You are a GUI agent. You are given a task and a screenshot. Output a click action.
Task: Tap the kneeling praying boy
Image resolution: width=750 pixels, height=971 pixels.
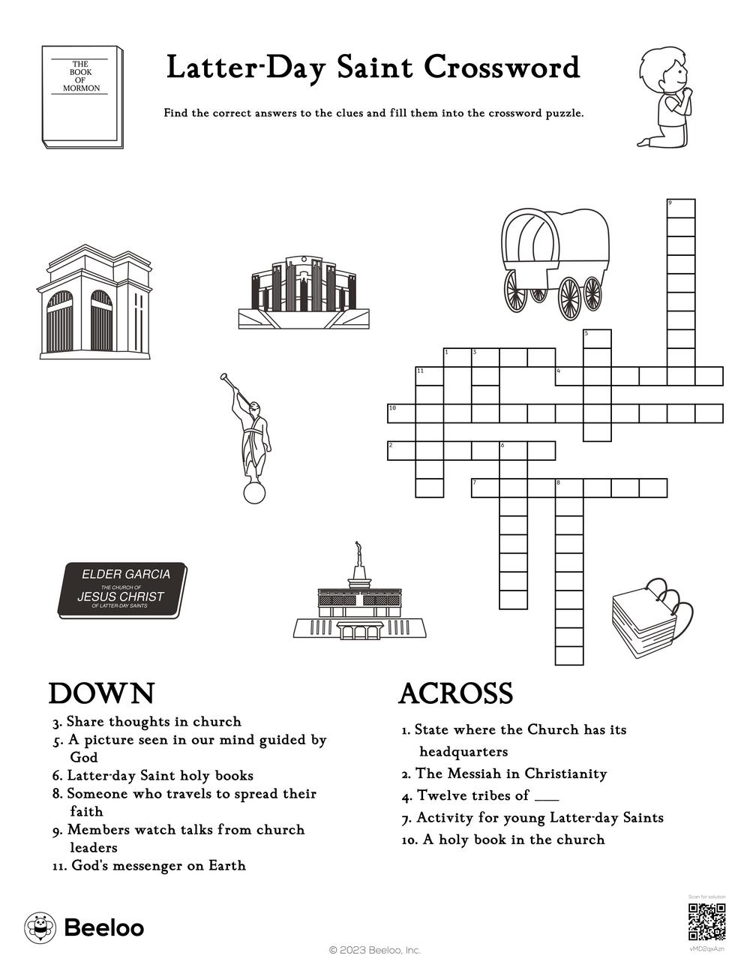point(665,97)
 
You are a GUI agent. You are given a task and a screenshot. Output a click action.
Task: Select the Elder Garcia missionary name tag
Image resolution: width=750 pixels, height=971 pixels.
point(122,590)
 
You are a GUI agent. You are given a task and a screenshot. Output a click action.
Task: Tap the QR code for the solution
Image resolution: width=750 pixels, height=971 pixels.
point(706,922)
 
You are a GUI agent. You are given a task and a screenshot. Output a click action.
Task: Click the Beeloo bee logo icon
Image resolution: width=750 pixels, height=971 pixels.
point(39,927)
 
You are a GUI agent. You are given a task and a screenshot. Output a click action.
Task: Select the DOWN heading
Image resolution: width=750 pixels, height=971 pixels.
point(101,693)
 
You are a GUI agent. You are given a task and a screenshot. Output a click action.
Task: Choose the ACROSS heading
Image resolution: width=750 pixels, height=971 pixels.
point(455,693)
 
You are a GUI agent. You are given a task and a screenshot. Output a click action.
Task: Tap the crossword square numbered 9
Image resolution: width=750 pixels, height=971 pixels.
point(681,208)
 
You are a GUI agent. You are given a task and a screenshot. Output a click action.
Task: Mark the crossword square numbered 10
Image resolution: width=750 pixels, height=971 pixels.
point(400,413)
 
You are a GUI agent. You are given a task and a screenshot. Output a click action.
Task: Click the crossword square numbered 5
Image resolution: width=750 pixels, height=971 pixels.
point(597,339)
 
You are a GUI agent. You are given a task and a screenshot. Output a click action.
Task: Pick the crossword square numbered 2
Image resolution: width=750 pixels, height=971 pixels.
point(400,450)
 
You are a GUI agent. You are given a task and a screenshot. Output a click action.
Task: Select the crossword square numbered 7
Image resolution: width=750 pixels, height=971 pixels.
point(485,487)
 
